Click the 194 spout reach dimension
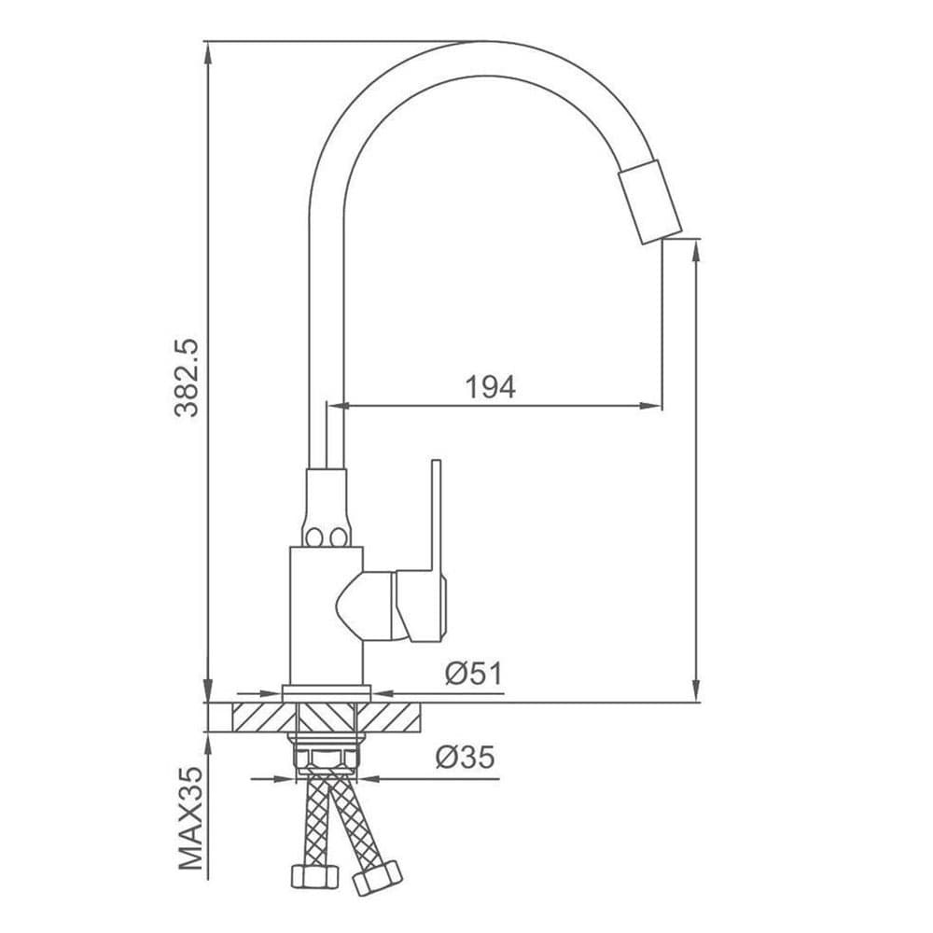pos(490,387)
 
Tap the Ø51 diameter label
pos(474,674)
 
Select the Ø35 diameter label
pos(465,757)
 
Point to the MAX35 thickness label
pos(191,819)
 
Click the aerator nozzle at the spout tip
pos(649,202)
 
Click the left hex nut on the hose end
pos(314,876)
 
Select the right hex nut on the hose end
pos(377,877)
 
